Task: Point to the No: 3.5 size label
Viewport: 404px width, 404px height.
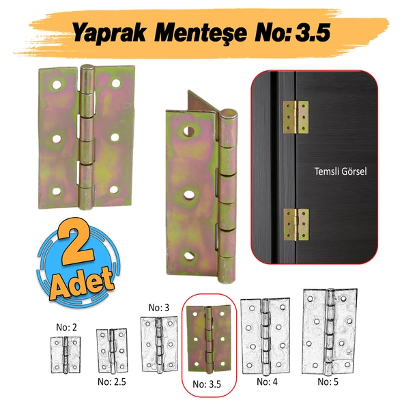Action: (x=207, y=385)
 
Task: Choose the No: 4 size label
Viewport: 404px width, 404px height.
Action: (x=266, y=381)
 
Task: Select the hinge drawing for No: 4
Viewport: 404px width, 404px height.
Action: (x=265, y=336)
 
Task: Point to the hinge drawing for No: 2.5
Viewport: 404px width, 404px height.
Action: (x=111, y=349)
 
